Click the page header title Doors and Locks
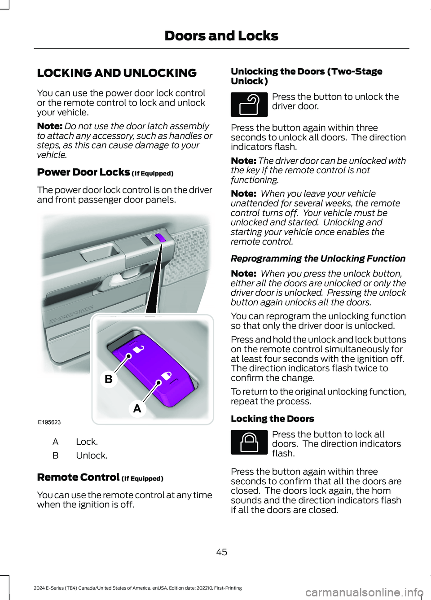pos(221,36)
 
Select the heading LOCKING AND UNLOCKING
pos(117,73)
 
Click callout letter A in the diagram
pos(137,408)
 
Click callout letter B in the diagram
pos(109,379)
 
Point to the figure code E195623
pos(49,422)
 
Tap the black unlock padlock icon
pos(249,105)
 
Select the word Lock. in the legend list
pos(87,442)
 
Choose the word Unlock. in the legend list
pos(92,455)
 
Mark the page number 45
pos(222,552)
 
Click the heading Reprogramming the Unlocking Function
pos(318,258)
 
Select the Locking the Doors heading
pos(272,419)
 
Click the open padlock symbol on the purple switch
pos(139,348)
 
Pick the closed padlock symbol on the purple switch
pos(166,376)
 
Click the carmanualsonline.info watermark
pos(364,592)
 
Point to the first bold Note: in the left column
pos(49,127)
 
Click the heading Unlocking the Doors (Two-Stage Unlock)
pos(306,76)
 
